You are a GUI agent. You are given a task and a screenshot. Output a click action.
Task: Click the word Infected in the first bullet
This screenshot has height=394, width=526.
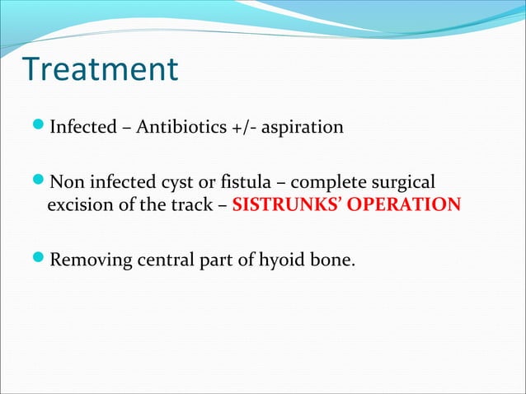point(82,129)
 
